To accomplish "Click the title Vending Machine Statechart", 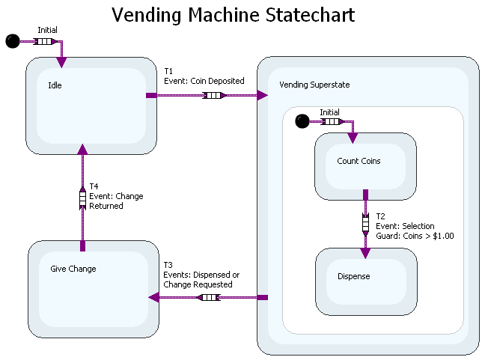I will click(x=233, y=15).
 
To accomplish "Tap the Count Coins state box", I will click(x=365, y=166).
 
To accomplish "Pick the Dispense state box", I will click(x=365, y=281).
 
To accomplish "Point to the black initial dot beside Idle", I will click(x=13, y=41).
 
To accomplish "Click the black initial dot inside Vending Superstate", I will click(x=302, y=120).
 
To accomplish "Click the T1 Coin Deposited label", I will click(x=204, y=76).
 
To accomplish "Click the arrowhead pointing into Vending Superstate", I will click(x=262, y=95).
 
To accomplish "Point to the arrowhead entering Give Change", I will click(x=154, y=297).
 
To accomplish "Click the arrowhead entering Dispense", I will click(x=365, y=253).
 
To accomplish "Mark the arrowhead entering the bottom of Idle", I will click(x=82, y=150).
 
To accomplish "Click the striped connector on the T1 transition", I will click(x=214, y=95).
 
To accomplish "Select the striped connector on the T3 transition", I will click(x=208, y=297).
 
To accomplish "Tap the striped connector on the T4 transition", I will click(x=82, y=199).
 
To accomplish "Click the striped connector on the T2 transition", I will click(x=365, y=223).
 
